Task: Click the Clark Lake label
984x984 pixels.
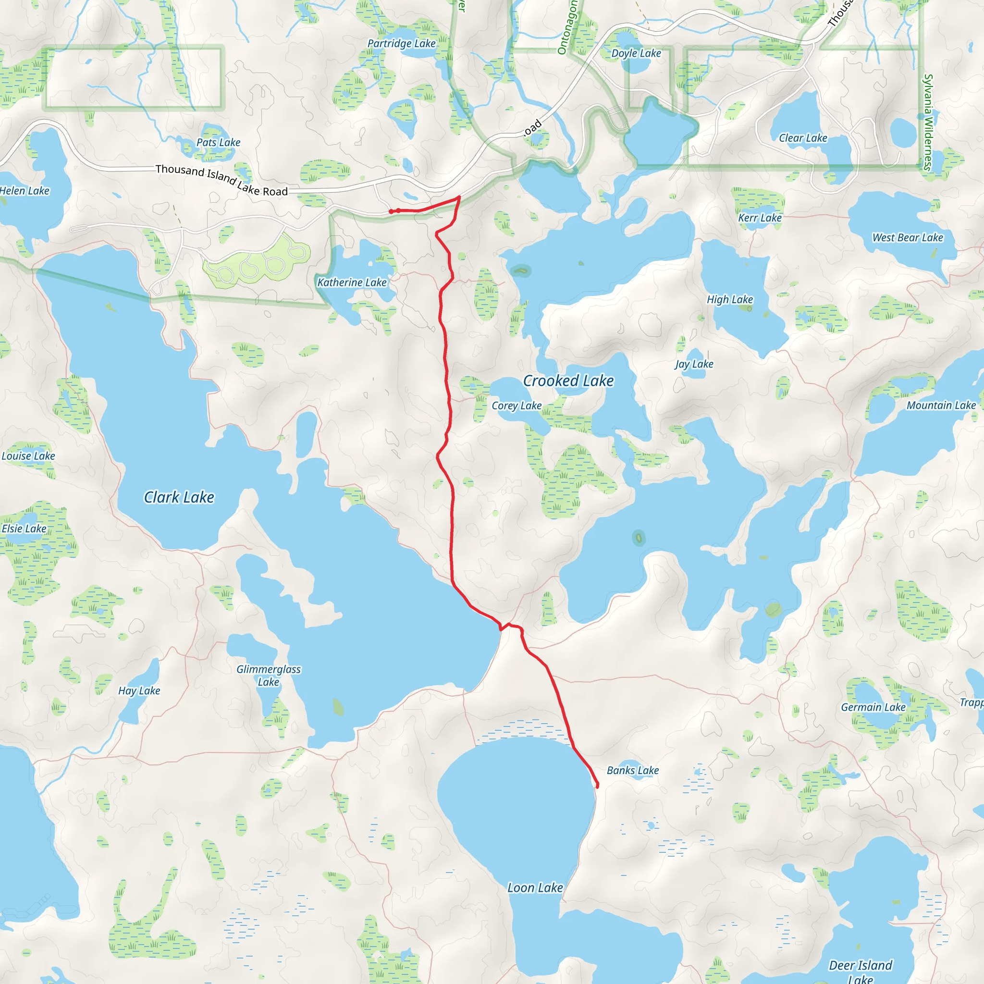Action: (179, 497)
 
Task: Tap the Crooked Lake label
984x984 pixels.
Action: (568, 381)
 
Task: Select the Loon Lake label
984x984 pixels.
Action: (535, 888)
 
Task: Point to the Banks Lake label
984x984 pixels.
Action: (633, 771)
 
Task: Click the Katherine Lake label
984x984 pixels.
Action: (352, 282)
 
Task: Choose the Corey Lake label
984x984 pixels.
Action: (517, 406)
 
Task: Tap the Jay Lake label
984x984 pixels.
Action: (694, 364)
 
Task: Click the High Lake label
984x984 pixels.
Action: (729, 299)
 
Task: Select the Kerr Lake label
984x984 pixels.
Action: (760, 218)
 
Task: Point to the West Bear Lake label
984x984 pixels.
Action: (908, 237)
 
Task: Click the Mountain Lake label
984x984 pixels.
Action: (941, 406)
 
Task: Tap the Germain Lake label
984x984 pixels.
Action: (873, 707)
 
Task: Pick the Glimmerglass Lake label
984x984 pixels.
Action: (269, 676)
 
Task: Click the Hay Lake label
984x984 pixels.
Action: (139, 690)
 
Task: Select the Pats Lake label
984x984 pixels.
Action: (219, 143)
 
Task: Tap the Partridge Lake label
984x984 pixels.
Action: (401, 43)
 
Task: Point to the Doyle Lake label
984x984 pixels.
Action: (636, 53)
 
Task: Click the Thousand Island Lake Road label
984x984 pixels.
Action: (221, 180)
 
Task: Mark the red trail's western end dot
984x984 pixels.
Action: (391, 211)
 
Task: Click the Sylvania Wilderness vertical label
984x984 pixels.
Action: (928, 122)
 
